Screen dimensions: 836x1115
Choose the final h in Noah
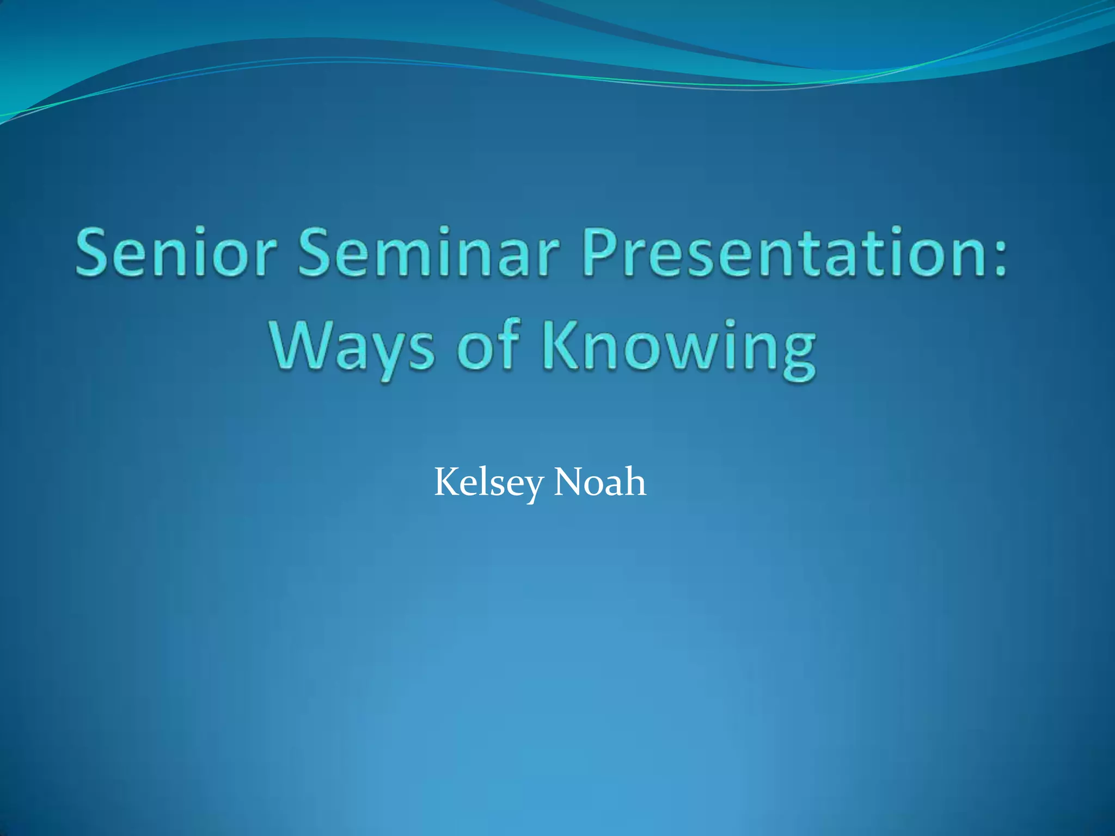coord(635,482)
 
